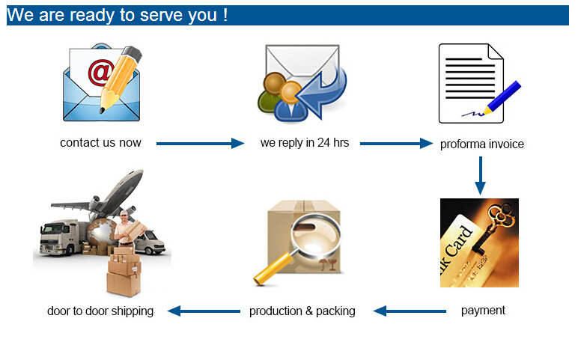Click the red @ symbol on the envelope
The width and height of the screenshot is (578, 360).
[x=100, y=72]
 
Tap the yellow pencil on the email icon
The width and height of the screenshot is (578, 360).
[x=121, y=78]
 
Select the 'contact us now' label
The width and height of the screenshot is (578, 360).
[x=100, y=142]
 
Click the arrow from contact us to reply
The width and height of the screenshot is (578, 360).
[x=200, y=143]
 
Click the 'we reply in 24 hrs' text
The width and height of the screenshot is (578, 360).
[x=305, y=142]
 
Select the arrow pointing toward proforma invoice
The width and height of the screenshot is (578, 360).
[x=396, y=143]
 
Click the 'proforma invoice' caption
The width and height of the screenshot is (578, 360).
[x=482, y=144]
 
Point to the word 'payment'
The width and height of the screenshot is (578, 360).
[x=483, y=310]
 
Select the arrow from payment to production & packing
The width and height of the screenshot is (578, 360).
[x=410, y=311]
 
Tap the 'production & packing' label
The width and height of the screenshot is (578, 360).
[x=302, y=311]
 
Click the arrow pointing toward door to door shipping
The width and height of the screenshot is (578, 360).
[x=202, y=311]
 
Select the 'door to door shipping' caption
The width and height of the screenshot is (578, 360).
[x=100, y=311]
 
